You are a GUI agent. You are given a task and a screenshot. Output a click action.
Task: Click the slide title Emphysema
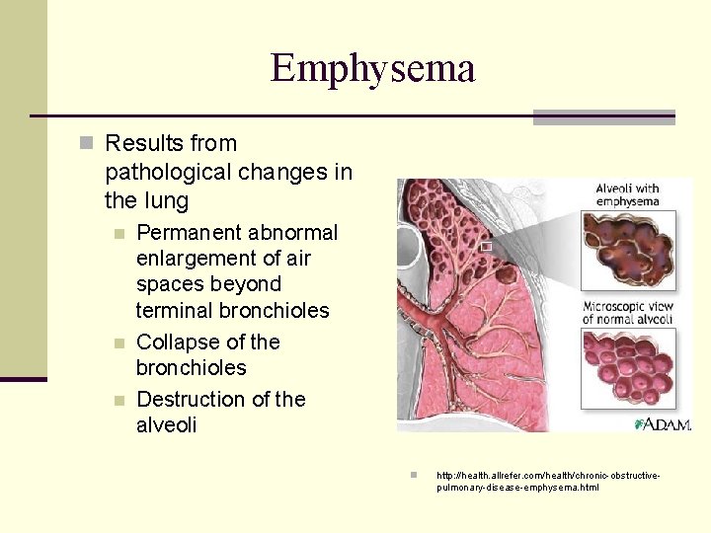[372, 68]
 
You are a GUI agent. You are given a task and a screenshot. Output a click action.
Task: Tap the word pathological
[167, 173]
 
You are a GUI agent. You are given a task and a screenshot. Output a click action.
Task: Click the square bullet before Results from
[85, 144]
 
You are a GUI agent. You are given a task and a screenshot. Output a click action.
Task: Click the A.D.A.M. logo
[665, 423]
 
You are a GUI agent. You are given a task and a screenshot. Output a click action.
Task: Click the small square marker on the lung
[487, 246]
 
